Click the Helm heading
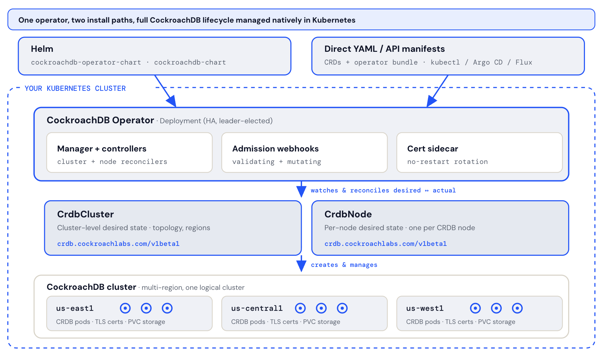(42, 49)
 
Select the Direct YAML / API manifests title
(384, 49)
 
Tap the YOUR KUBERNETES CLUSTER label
(75, 89)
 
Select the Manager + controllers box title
(102, 149)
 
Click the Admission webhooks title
(275, 149)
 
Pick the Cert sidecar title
(432, 149)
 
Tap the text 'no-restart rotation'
(447, 162)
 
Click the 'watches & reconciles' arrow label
(383, 190)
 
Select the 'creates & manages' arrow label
(344, 265)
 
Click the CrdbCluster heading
(85, 214)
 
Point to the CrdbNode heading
(348, 214)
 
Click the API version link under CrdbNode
(385, 244)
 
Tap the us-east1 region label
(75, 308)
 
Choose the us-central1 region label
(257, 308)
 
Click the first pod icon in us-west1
(475, 308)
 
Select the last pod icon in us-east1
(167, 308)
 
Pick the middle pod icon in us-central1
(321, 308)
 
